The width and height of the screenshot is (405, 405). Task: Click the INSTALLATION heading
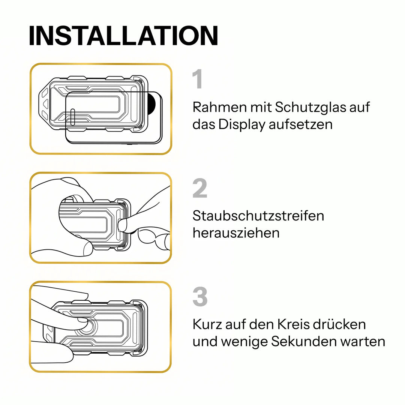coord(123,36)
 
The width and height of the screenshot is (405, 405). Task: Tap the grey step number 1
coord(198,79)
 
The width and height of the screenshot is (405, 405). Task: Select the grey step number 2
coord(200,188)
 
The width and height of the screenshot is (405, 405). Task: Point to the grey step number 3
coord(200,297)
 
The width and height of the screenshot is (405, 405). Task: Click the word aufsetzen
coord(300,124)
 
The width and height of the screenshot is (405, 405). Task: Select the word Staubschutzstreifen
coord(258,215)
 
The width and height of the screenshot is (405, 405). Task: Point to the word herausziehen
coord(236,233)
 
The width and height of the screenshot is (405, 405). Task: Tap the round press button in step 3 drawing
coord(87,326)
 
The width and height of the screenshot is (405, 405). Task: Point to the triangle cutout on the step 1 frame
coord(45,104)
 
